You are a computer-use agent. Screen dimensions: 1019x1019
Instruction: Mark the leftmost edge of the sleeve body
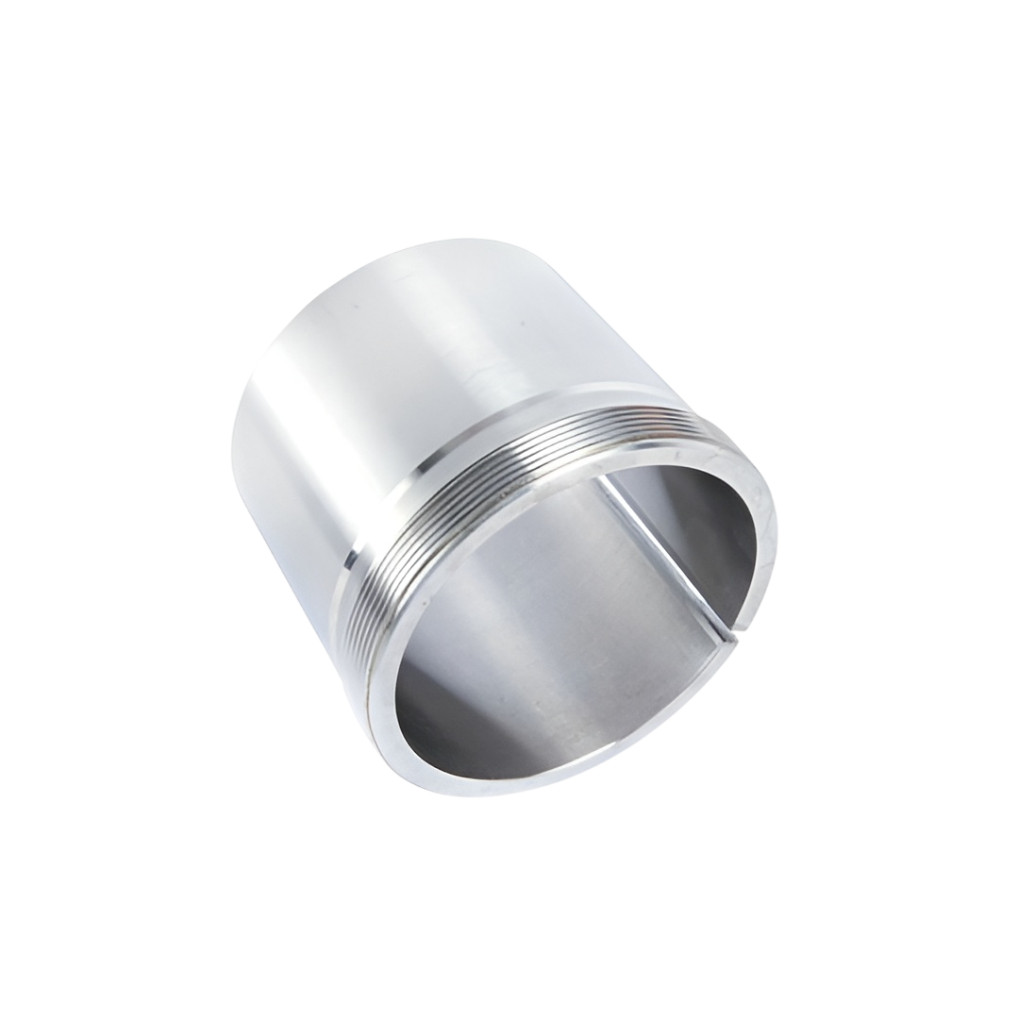(x=234, y=443)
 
